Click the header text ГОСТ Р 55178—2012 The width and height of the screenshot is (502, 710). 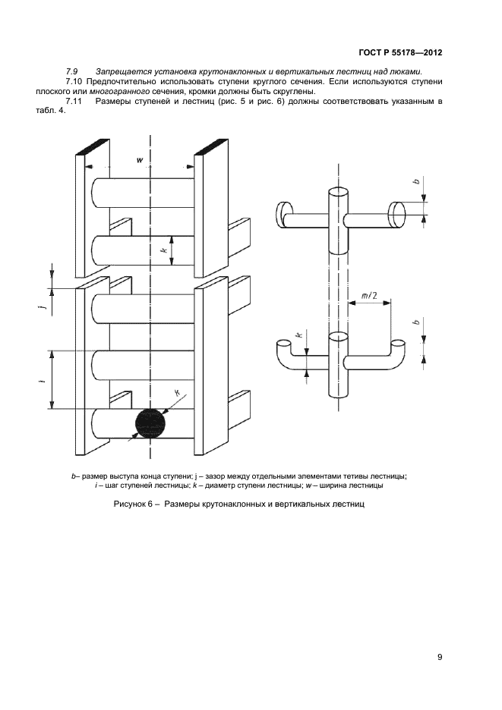[400, 52]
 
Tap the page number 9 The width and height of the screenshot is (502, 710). [440, 657]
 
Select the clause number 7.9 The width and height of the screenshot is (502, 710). [73, 71]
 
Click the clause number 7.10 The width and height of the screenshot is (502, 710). [75, 81]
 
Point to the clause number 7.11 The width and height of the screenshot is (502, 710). [74, 101]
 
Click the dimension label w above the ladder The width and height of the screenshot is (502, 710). [140, 160]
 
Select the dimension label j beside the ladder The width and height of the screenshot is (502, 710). [41, 309]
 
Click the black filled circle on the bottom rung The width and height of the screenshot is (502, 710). [150, 423]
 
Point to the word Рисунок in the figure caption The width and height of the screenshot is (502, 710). [130, 504]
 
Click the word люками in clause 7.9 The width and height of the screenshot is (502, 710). [406, 71]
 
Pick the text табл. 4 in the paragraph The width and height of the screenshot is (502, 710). [50, 111]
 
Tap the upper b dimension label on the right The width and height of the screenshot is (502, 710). [417, 181]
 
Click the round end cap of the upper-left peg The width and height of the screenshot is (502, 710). [284, 214]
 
